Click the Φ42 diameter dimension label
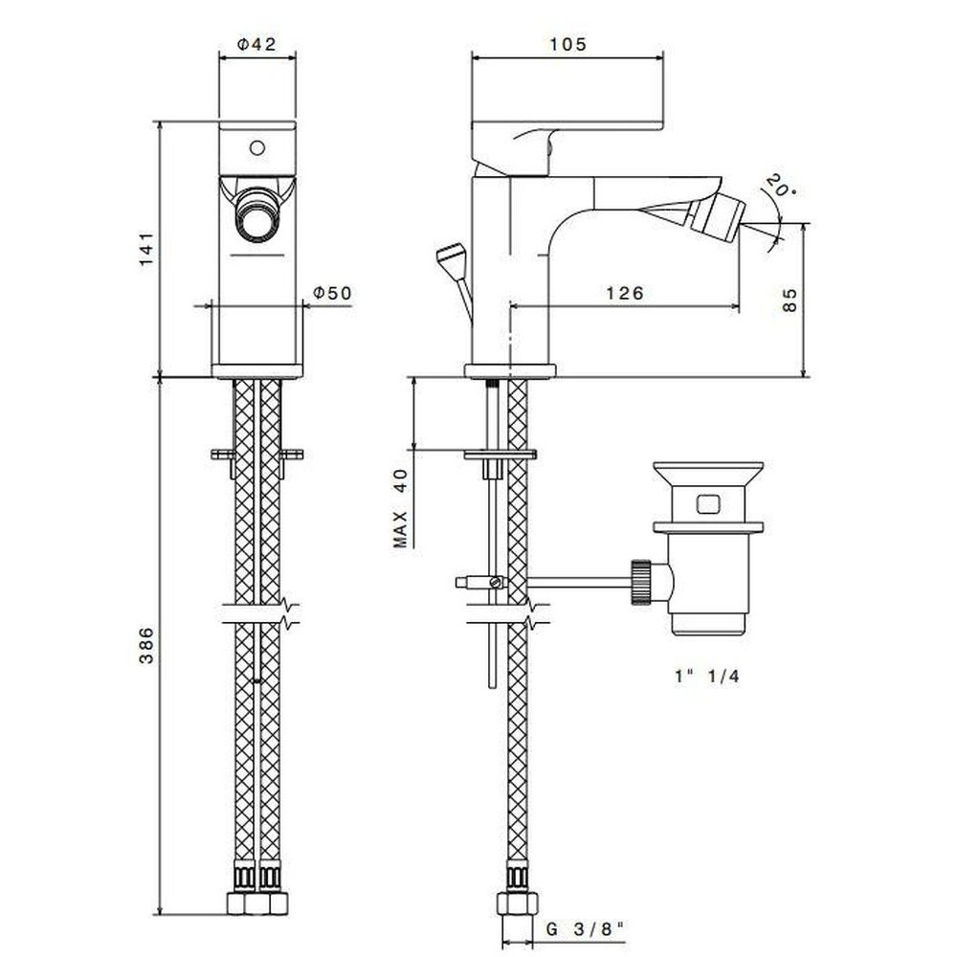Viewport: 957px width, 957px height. click(x=256, y=45)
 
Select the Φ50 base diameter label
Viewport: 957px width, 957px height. click(x=333, y=293)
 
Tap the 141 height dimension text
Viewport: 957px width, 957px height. click(x=146, y=249)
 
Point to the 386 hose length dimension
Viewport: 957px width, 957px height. click(x=146, y=645)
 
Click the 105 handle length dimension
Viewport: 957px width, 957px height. click(x=568, y=45)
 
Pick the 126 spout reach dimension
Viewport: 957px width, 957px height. click(x=625, y=294)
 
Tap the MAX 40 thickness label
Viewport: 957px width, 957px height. click(x=400, y=508)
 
